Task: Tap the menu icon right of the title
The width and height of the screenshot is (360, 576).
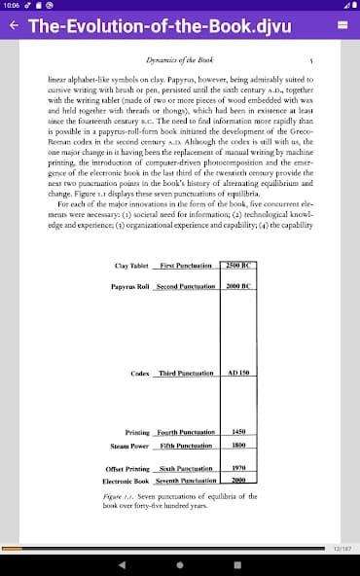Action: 342,27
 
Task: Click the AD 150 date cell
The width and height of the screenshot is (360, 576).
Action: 238,373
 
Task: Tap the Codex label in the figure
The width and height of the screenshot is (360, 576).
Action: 139,373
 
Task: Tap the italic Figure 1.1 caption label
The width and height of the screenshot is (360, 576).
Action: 120,496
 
